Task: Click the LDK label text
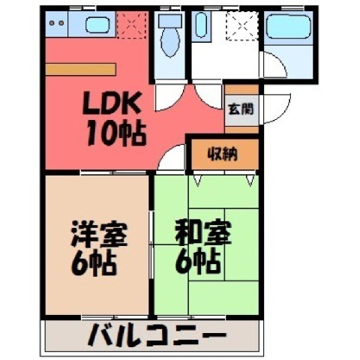[x=111, y=103]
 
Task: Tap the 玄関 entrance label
[x=241, y=109]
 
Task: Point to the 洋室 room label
[x=99, y=233]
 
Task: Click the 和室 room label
[x=203, y=232]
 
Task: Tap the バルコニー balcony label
[x=157, y=335]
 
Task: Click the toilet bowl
[x=170, y=40]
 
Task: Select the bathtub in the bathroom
[x=289, y=26]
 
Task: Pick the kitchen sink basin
[x=97, y=25]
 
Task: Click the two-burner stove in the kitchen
[x=57, y=23]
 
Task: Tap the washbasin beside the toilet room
[x=201, y=25]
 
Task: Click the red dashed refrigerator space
[x=131, y=25]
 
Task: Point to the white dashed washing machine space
[x=241, y=25]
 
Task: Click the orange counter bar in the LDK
[x=80, y=69]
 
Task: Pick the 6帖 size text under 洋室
[x=94, y=264]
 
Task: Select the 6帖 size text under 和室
[x=197, y=262]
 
